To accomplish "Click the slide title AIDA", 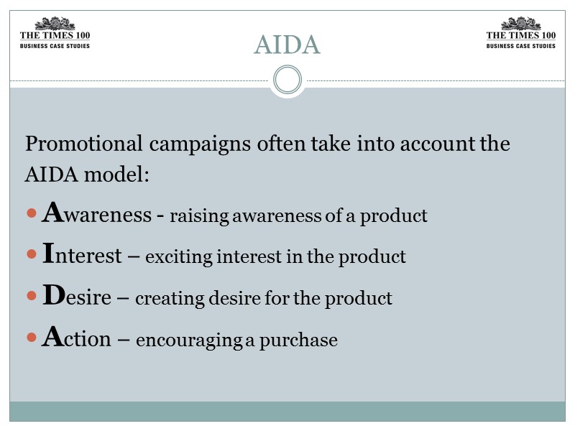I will [287, 45].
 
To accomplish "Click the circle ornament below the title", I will [287, 79].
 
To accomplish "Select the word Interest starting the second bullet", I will [82, 255].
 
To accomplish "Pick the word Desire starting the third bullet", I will [77, 297].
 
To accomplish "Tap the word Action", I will [76, 338].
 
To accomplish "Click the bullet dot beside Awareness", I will [30, 214].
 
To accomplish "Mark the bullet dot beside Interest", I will [30, 256].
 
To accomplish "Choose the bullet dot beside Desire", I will [30, 297].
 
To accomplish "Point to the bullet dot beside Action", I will [30, 338].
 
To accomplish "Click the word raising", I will [193, 216].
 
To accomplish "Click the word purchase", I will [301, 340].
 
